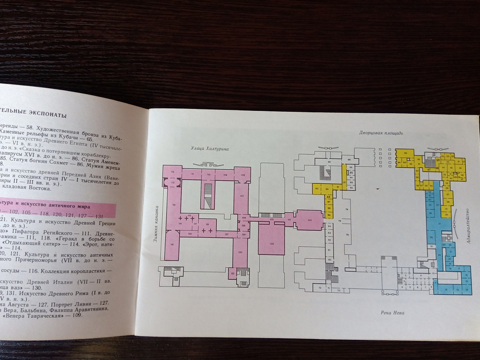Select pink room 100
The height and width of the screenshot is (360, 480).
click(310, 220)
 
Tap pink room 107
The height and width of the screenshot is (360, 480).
click(242, 196)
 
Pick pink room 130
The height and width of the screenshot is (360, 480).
click(239, 252)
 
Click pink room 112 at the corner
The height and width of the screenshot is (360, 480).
click(172, 183)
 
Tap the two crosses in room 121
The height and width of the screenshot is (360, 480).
click(207, 231)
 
